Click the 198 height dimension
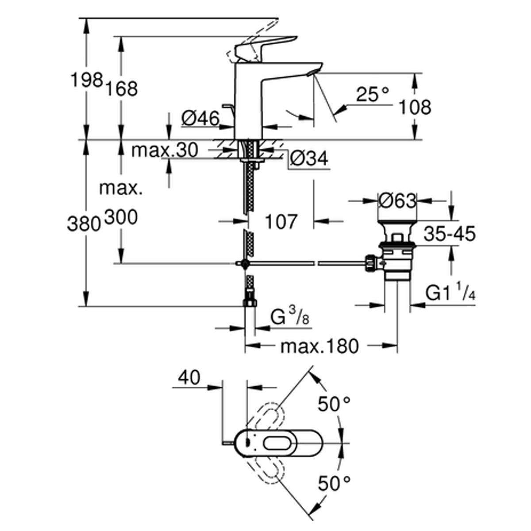[87, 81]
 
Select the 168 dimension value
[121, 88]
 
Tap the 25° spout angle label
[373, 94]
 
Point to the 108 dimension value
[415, 107]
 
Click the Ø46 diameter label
[200, 118]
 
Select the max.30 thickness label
[164, 150]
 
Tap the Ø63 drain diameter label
[397, 201]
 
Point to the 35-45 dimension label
[449, 234]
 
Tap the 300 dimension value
[120, 217]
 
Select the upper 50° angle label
[334, 404]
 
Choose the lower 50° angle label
[334, 483]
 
